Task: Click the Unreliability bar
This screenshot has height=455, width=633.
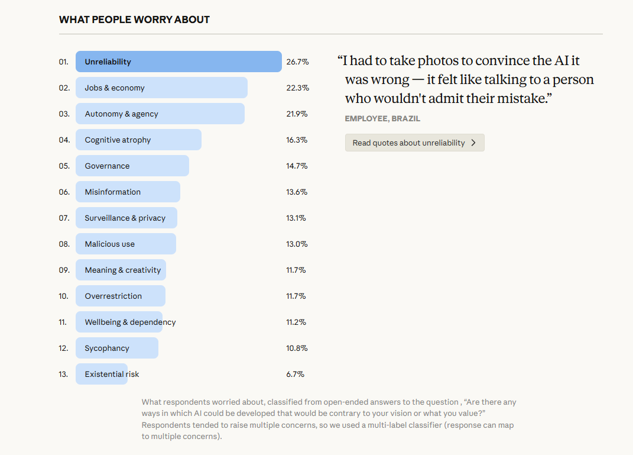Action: pyautogui.click(x=178, y=62)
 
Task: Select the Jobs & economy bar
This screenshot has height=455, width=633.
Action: pyautogui.click(x=161, y=88)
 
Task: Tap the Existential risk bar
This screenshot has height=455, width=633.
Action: pyautogui.click(x=102, y=374)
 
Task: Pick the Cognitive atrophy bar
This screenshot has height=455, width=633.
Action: pyautogui.click(x=138, y=140)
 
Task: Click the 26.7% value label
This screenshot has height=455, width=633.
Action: pyautogui.click(x=297, y=62)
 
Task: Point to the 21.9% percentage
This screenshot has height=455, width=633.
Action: pyautogui.click(x=297, y=114)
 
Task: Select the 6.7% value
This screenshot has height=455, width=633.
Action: pyautogui.click(x=295, y=374)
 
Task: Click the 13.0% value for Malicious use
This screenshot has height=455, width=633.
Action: pyautogui.click(x=297, y=244)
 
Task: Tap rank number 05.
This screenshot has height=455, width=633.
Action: pyautogui.click(x=64, y=166)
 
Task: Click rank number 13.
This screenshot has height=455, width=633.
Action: pyautogui.click(x=63, y=374)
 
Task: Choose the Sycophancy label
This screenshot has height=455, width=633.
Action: pyautogui.click(x=106, y=348)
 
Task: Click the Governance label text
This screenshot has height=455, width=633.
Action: pyautogui.click(x=107, y=166)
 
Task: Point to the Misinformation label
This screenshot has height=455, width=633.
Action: pyautogui.click(x=112, y=192)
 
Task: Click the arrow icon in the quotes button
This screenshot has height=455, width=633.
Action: pyautogui.click(x=473, y=143)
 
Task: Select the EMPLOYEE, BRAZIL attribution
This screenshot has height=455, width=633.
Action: pyautogui.click(x=382, y=118)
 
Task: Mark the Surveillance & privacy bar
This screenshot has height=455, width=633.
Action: pyautogui.click(x=126, y=218)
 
